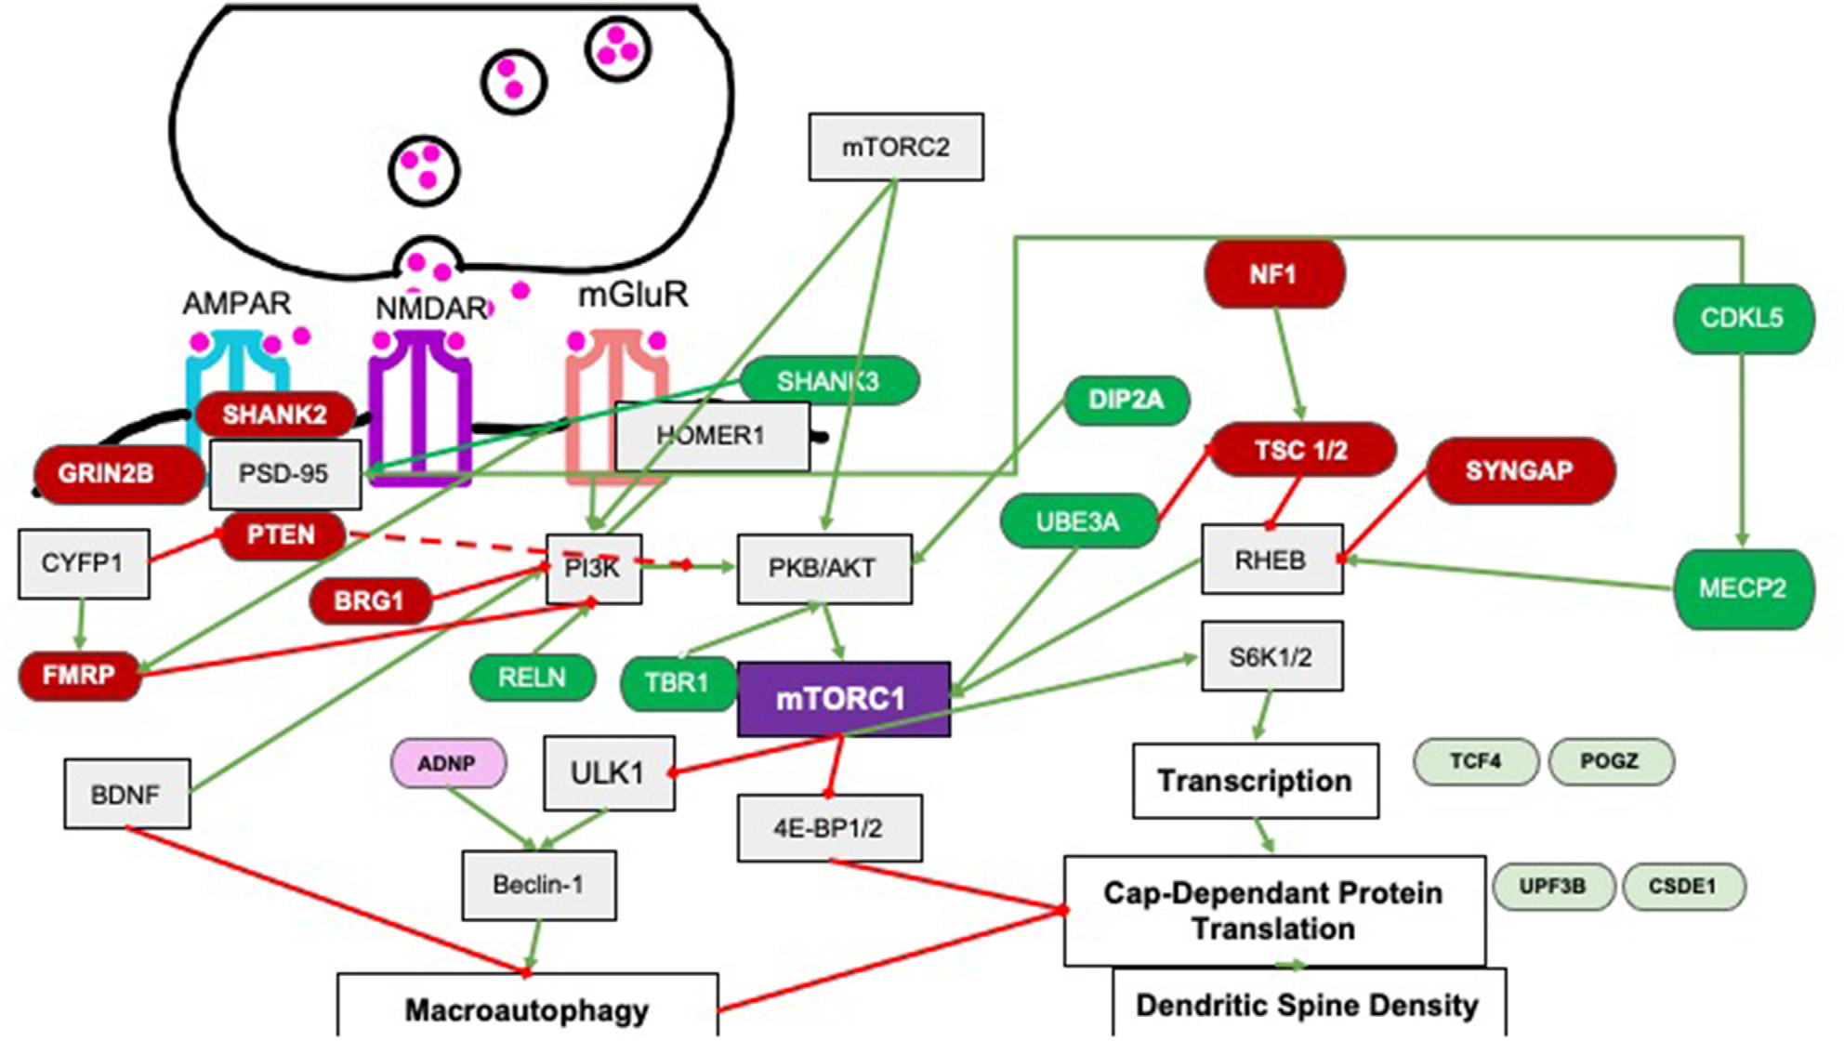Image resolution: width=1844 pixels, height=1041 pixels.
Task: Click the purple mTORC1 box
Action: tap(843, 699)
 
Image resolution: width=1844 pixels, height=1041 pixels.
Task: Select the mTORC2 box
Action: tap(895, 147)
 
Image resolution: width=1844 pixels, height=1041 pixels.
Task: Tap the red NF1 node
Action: tap(1273, 274)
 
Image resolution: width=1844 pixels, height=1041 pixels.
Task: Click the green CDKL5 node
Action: tap(1742, 319)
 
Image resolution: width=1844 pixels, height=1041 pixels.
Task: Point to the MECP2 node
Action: tap(1742, 588)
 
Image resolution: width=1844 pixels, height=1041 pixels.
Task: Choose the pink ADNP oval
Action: tap(448, 764)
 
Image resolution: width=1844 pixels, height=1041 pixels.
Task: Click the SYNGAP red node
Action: tap(1519, 471)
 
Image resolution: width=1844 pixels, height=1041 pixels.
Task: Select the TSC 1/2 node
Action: tap(1301, 451)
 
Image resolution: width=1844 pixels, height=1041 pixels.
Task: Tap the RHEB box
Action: tap(1271, 560)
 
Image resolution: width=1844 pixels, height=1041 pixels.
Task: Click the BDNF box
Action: tap(126, 794)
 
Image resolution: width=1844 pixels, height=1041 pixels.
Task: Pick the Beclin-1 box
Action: tap(538, 885)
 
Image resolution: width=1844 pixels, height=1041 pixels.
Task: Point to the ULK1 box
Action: tap(608, 773)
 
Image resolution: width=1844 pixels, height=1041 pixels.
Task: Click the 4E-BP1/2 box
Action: tap(829, 828)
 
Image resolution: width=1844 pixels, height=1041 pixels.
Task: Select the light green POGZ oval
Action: tap(1610, 761)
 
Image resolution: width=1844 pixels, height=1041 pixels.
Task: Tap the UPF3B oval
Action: tap(1552, 887)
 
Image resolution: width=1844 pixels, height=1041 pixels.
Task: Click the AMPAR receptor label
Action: tap(236, 303)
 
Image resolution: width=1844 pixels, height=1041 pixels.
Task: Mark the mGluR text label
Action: tap(633, 295)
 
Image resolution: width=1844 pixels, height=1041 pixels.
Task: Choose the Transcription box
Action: tap(1254, 781)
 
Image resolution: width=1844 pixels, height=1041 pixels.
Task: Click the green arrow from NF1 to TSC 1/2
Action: tap(1288, 362)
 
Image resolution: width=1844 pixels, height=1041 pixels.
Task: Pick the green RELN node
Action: tap(532, 678)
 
